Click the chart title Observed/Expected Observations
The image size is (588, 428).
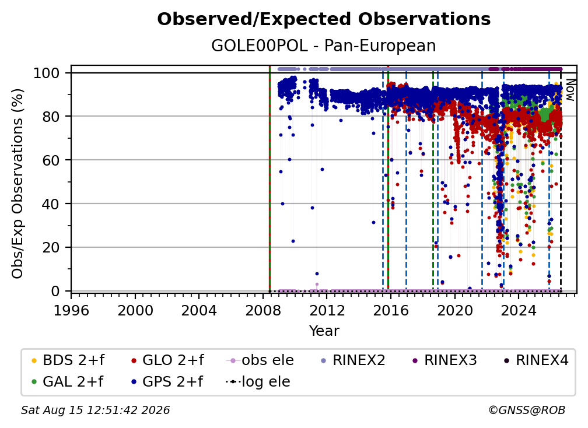(x=324, y=19)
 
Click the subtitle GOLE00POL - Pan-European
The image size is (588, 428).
(x=324, y=45)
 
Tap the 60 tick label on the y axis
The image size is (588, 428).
(x=51, y=160)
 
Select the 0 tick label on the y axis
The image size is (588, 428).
(x=55, y=291)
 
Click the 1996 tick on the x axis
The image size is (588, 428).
(x=71, y=310)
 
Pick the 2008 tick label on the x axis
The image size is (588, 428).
(x=263, y=310)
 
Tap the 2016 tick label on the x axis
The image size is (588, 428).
(x=390, y=310)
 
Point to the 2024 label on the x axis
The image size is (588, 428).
(x=518, y=310)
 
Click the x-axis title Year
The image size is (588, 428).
(x=324, y=331)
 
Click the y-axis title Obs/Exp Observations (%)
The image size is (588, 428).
(x=17, y=183)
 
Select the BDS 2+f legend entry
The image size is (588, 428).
(x=68, y=360)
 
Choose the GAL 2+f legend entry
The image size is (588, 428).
(x=68, y=382)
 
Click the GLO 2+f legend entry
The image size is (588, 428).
(x=167, y=360)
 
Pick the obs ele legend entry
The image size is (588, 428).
(x=260, y=360)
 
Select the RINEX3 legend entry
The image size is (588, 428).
(x=444, y=360)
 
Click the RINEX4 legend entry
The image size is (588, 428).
(x=536, y=360)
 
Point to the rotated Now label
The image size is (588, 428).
(x=570, y=90)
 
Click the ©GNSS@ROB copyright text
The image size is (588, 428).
(x=527, y=410)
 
